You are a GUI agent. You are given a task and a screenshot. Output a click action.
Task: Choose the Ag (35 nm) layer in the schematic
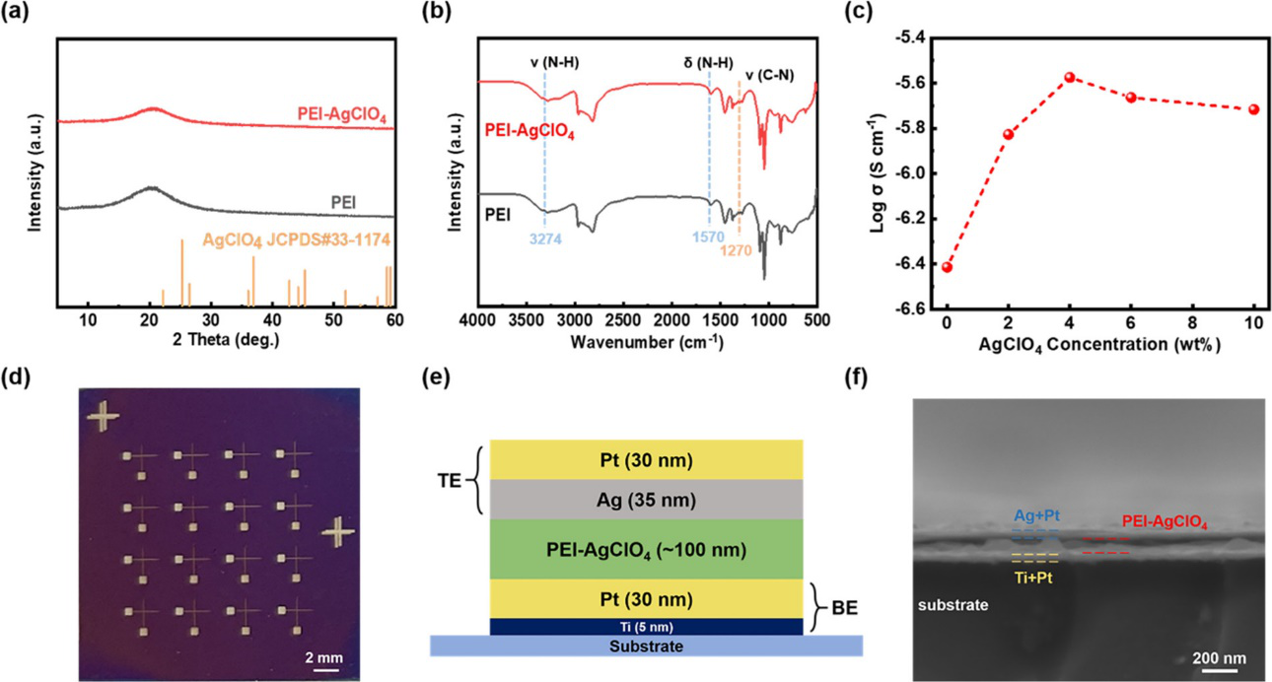click(x=646, y=500)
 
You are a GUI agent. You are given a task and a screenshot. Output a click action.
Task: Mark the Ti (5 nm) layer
click(x=646, y=625)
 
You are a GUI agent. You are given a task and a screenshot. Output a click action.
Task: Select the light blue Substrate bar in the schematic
click(x=646, y=646)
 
